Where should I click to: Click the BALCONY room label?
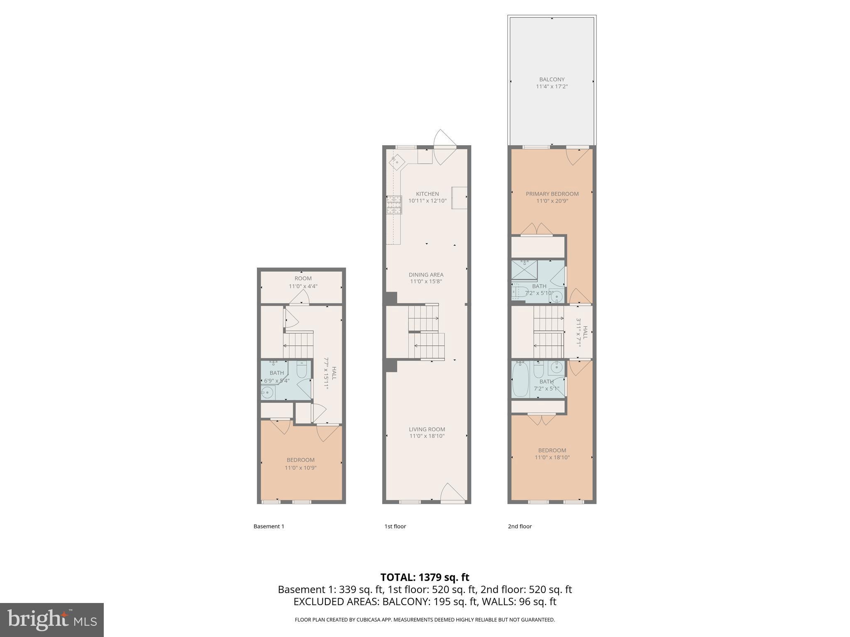(x=552, y=79)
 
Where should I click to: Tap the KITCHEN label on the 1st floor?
(x=427, y=194)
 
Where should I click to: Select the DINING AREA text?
(x=426, y=275)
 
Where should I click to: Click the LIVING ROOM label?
(x=427, y=429)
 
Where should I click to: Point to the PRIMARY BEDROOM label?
(x=552, y=194)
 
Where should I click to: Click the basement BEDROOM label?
(x=300, y=460)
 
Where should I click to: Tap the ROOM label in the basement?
(x=303, y=278)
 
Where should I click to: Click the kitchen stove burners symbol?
(x=394, y=205)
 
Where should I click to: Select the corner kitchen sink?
(x=397, y=162)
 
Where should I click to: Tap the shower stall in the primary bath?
(x=524, y=270)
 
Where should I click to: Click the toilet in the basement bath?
(x=302, y=369)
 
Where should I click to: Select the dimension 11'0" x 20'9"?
(x=552, y=201)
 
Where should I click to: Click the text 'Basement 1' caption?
(x=269, y=526)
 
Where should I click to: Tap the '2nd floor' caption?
(x=520, y=526)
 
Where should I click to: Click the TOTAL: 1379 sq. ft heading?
(x=425, y=577)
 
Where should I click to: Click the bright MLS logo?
(x=52, y=620)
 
